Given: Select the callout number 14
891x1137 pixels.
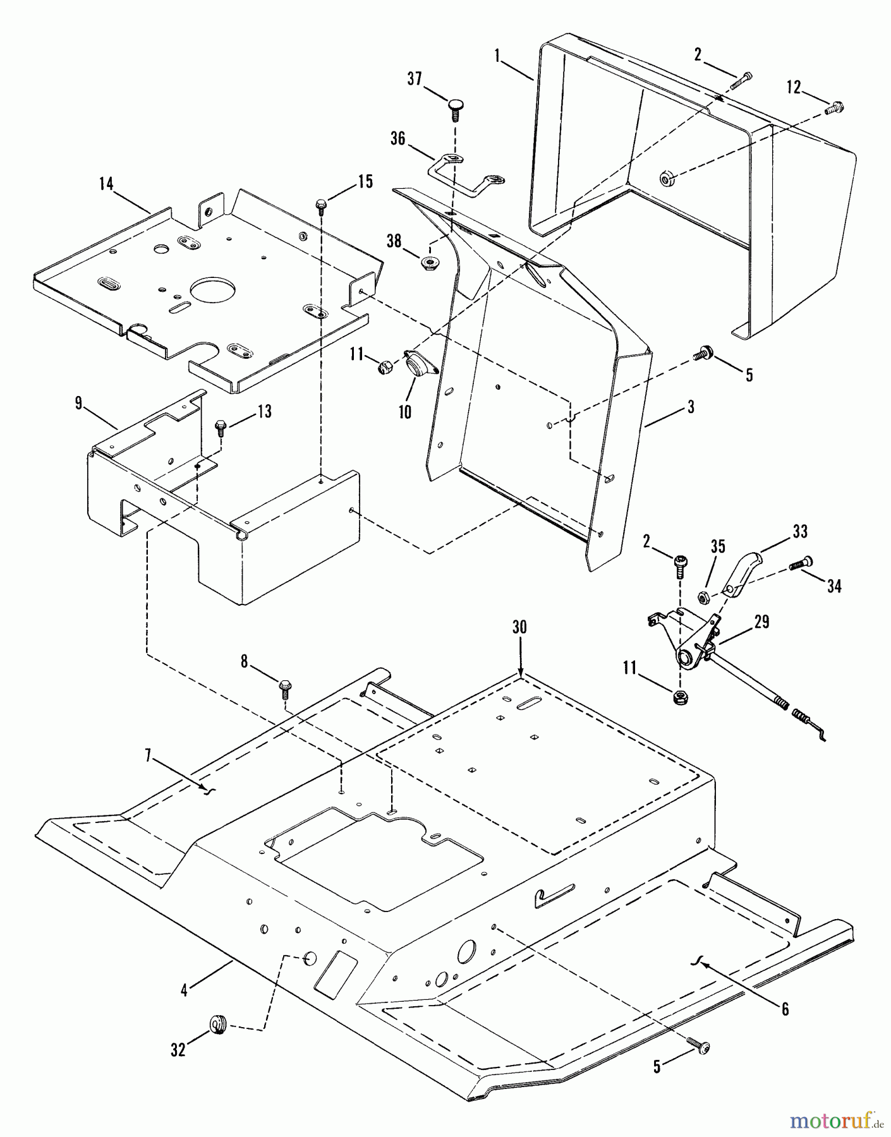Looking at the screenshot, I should tap(106, 184).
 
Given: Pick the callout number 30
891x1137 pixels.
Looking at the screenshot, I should tap(519, 627).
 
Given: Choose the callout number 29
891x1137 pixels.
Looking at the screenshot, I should tap(762, 622).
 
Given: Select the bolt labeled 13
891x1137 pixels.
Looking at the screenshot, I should tap(221, 427).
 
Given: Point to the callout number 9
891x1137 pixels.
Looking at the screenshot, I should tap(78, 403).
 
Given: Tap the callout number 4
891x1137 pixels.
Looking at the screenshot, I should tap(184, 990).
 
